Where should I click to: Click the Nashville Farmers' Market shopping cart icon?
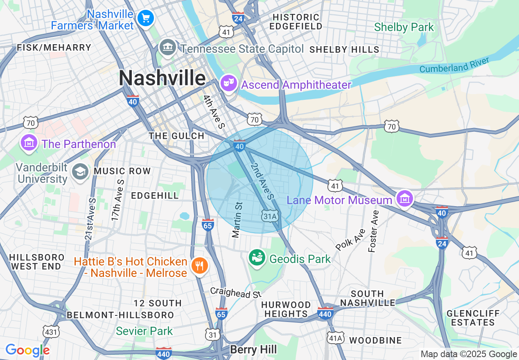pyautogui.click(x=145, y=18)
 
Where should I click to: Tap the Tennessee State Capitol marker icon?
pyautogui.click(x=167, y=48)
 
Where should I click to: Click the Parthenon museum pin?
pyautogui.click(x=29, y=143)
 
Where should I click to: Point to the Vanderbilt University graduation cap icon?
pyautogui.click(x=80, y=171)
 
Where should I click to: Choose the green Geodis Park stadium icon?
pyautogui.click(x=257, y=258)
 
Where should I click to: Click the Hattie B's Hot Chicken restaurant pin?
pyautogui.click(x=199, y=266)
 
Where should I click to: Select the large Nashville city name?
pyautogui.click(x=162, y=78)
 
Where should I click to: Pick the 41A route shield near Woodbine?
pyautogui.click(x=335, y=338)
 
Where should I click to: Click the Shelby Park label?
pyautogui.click(x=404, y=27)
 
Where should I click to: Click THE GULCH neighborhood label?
pyautogui.click(x=176, y=136)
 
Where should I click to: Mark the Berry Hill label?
pyautogui.click(x=253, y=350)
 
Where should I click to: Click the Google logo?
pyautogui.click(x=27, y=351)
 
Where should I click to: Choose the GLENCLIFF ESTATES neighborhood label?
pyautogui.click(x=473, y=318)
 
